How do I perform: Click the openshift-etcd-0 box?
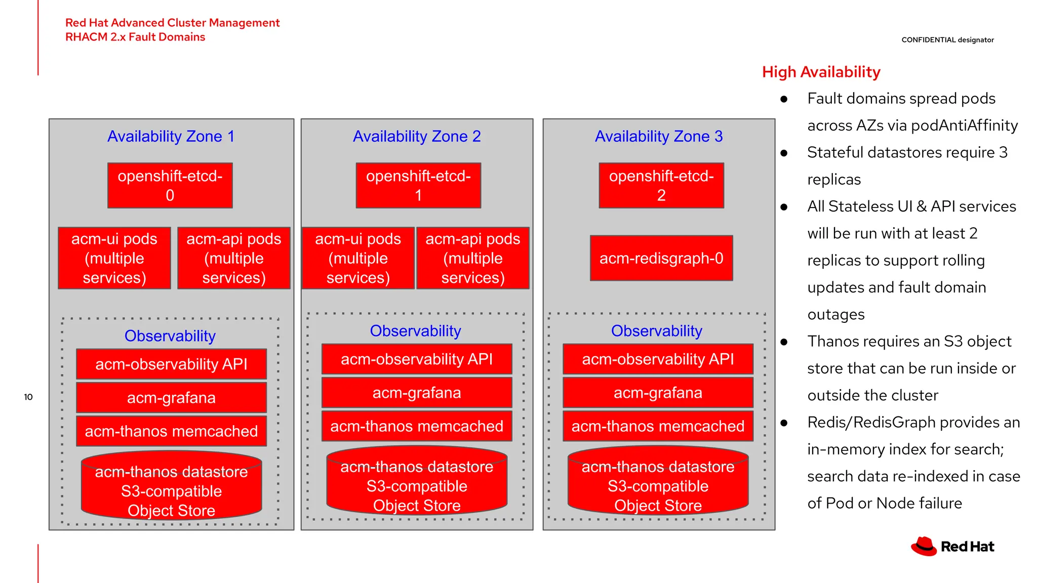point(170,185)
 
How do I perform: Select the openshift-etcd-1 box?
point(418,185)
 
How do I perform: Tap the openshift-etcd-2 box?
point(661,185)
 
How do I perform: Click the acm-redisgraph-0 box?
point(661,258)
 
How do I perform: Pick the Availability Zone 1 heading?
point(171,136)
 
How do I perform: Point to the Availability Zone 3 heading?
point(659,136)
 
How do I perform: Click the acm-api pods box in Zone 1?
point(234,258)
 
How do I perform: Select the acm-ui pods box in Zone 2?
point(358,258)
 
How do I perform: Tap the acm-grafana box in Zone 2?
point(417,393)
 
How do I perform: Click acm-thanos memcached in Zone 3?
point(658,426)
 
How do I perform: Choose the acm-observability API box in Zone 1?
point(171,364)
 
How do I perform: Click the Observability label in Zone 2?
point(415,330)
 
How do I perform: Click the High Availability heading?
point(821,72)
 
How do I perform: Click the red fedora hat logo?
point(924,547)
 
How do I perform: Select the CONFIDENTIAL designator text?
point(947,40)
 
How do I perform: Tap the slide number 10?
point(28,397)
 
